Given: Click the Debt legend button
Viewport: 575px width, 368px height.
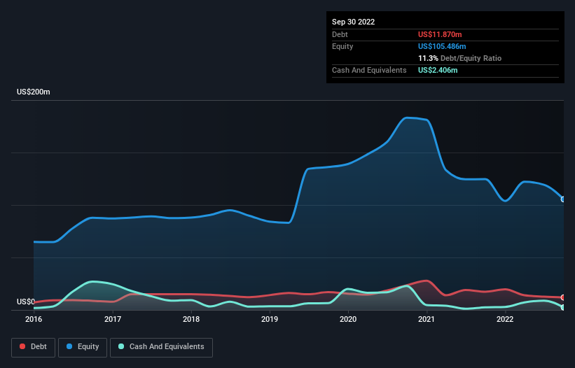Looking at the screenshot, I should pyautogui.click(x=32, y=347).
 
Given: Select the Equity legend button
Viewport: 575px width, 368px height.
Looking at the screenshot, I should pyautogui.click(x=83, y=347).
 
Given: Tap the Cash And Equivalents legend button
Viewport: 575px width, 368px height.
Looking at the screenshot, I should pyautogui.click(x=161, y=347).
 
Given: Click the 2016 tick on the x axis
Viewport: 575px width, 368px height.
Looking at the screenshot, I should pyautogui.click(x=34, y=319).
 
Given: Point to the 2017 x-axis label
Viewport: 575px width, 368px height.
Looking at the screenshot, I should pyautogui.click(x=112, y=319).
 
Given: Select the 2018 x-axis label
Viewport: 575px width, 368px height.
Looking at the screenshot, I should pyautogui.click(x=190, y=319).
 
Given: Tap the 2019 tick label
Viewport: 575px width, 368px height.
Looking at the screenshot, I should pyautogui.click(x=270, y=319).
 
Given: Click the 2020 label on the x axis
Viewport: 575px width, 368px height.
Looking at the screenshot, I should pyautogui.click(x=348, y=319).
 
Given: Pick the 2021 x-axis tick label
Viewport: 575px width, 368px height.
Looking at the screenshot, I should pyautogui.click(x=427, y=319).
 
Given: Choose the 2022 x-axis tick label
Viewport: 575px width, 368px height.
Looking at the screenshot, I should pyautogui.click(x=505, y=319).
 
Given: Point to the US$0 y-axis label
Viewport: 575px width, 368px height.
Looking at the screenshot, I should pyautogui.click(x=27, y=302).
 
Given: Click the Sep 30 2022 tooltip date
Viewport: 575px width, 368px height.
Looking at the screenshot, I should pyautogui.click(x=353, y=22).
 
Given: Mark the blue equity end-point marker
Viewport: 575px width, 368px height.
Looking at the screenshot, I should pyautogui.click(x=563, y=199).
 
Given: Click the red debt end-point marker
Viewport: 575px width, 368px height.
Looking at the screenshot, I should pyautogui.click(x=563, y=297).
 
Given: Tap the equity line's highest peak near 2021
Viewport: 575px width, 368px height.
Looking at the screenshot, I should pyautogui.click(x=409, y=118).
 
